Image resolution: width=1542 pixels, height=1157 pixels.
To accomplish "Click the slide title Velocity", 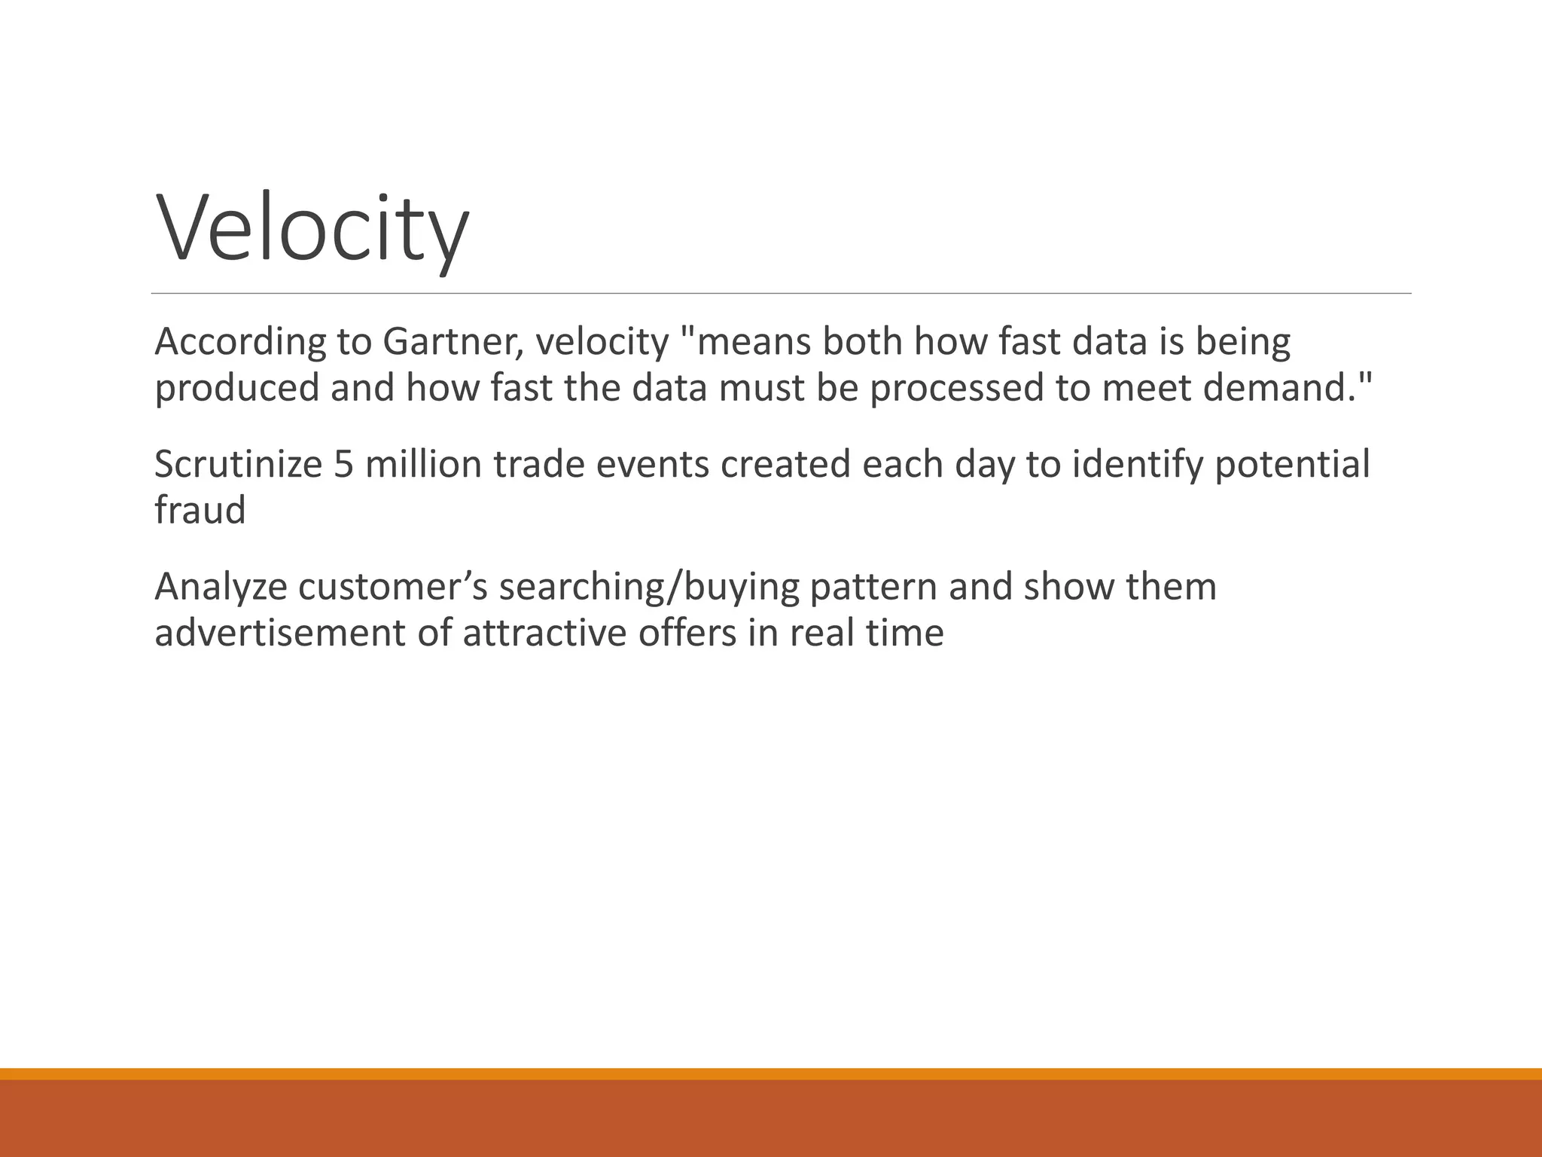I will [x=312, y=227].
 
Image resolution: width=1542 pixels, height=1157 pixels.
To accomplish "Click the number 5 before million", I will [x=343, y=464].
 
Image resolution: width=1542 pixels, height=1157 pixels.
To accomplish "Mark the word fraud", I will [x=200, y=510].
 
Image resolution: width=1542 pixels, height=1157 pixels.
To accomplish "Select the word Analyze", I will [x=221, y=588].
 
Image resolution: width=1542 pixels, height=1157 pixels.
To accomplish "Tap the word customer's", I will [x=392, y=588].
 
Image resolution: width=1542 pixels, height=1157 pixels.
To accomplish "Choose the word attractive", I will [x=544, y=633].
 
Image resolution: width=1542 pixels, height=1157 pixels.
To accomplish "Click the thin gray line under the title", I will [x=781, y=293].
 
